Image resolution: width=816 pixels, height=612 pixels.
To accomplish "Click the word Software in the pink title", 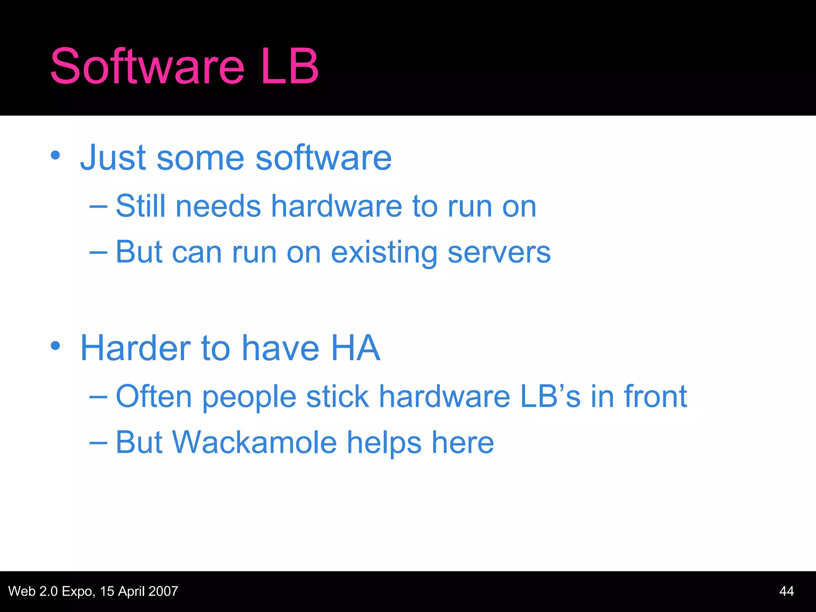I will pyautogui.click(x=147, y=67).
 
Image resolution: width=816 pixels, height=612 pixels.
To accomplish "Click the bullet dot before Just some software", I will pyautogui.click(x=55, y=155).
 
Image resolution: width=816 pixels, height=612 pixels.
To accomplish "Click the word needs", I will pyautogui.click(x=218, y=207).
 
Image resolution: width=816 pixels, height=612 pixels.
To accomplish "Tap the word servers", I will pyautogui.click(x=499, y=253).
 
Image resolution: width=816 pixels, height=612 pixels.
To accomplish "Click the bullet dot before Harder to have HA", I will pyautogui.click(x=55, y=345).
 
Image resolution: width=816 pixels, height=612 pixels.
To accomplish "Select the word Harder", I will pyautogui.click(x=135, y=348).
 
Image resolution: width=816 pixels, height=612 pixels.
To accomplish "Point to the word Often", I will pyautogui.click(x=154, y=396).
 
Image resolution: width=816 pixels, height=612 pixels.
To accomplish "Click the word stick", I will pyautogui.click(x=337, y=396).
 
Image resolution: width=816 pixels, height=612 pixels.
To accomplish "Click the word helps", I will pyautogui.click(x=384, y=443).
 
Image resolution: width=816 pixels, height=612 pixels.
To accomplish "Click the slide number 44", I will pyautogui.click(x=786, y=591).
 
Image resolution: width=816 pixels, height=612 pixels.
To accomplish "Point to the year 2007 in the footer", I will pyautogui.click(x=163, y=591).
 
